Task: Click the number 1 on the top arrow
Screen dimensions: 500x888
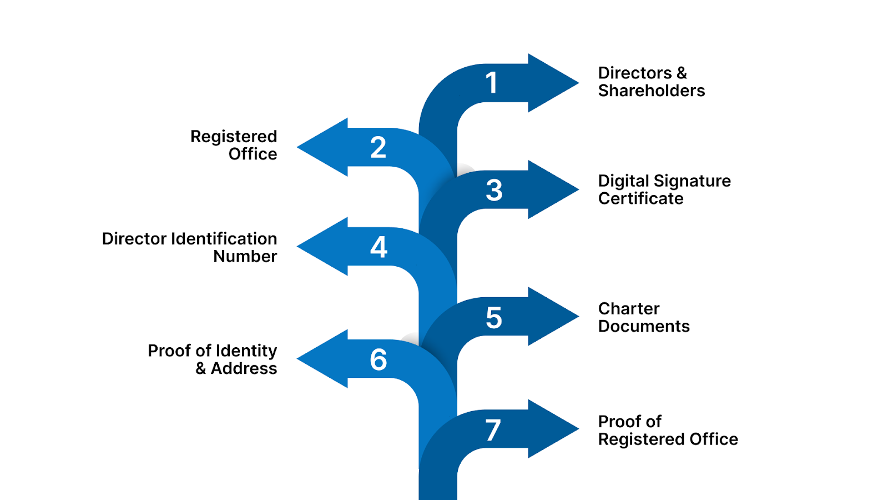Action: (491, 83)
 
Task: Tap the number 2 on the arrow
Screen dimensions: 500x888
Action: (378, 148)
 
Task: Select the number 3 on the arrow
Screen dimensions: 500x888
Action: (494, 190)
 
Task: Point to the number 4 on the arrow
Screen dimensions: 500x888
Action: (379, 247)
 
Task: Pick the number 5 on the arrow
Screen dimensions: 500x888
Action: (494, 318)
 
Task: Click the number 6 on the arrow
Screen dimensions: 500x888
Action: (379, 359)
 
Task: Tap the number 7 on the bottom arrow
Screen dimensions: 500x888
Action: (493, 431)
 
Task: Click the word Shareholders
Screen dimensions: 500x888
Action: (651, 91)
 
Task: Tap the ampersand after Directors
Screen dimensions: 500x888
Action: (682, 73)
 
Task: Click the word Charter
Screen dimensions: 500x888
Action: (629, 308)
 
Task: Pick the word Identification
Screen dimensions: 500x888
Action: (224, 239)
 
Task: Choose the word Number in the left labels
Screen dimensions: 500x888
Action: (245, 257)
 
